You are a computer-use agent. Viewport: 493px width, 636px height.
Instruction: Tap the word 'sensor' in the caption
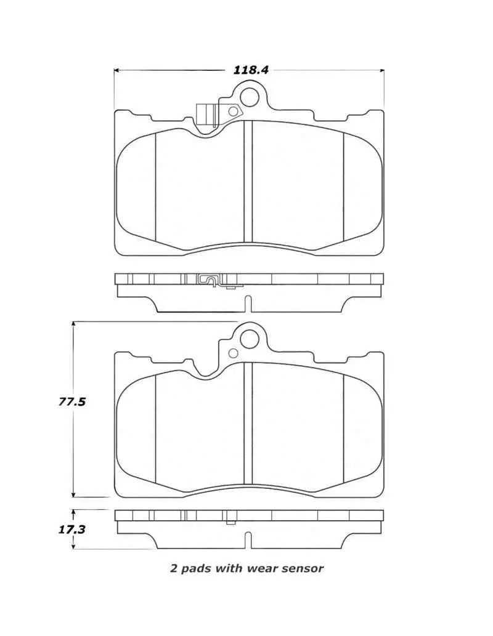pyautogui.click(x=302, y=568)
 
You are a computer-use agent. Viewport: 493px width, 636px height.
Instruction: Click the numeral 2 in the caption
pyautogui.click(x=173, y=568)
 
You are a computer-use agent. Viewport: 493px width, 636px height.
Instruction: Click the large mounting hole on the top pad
pyautogui.click(x=250, y=97)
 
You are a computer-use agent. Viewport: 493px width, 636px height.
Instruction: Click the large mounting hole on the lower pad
pyautogui.click(x=250, y=338)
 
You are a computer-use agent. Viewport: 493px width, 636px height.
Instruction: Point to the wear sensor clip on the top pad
pyautogui.click(x=205, y=115)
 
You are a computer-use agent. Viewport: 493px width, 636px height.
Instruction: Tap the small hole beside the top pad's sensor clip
pyautogui.click(x=233, y=111)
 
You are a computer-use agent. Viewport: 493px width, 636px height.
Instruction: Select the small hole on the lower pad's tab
pyautogui.click(x=233, y=353)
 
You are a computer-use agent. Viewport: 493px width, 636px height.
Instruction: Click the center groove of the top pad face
pyautogui.click(x=248, y=181)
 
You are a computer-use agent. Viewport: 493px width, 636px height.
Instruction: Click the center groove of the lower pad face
pyautogui.click(x=248, y=423)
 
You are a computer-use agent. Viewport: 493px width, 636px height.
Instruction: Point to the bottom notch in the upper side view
pyautogui.click(x=248, y=304)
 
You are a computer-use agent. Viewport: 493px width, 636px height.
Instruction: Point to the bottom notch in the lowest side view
pyautogui.click(x=248, y=540)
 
